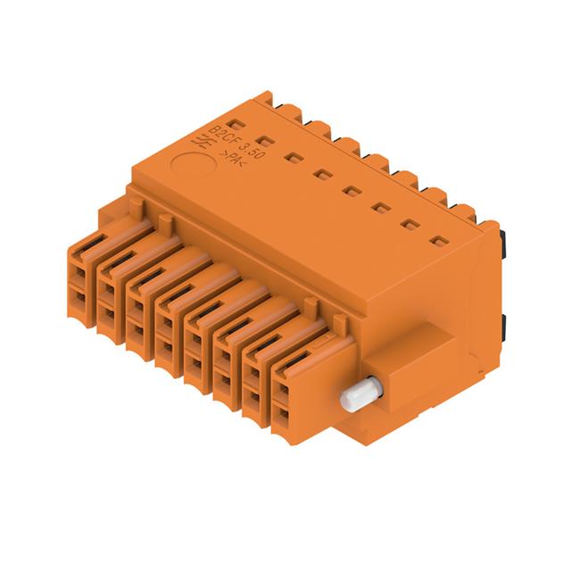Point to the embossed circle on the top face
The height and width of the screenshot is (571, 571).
click(x=189, y=164)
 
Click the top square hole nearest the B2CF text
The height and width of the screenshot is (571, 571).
click(x=235, y=122)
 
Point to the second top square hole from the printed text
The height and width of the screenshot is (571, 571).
click(x=264, y=139)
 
